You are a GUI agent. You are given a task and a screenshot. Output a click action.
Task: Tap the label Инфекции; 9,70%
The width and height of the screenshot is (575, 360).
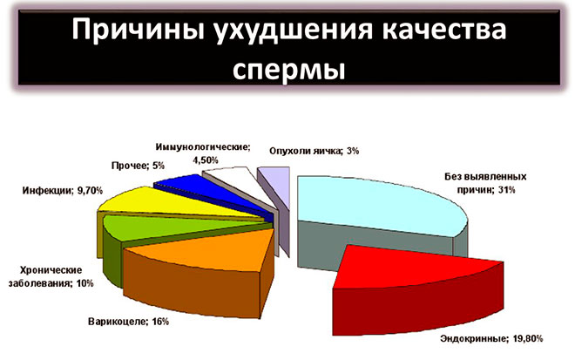point(54,188)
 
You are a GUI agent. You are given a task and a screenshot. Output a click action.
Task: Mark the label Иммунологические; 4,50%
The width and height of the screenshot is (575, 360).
point(203,153)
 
